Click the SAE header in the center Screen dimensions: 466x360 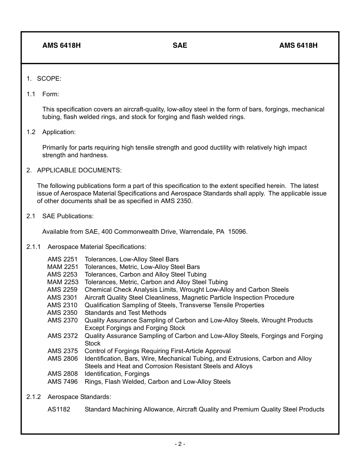point(180,45)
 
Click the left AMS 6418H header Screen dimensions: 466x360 point(61,45)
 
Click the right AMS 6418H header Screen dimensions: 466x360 point(298,45)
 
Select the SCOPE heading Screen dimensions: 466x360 point(49,78)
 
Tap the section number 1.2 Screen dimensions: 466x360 point(31,132)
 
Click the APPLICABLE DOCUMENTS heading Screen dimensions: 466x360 point(79,170)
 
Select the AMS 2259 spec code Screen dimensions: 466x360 point(62,290)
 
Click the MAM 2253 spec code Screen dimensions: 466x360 point(63,282)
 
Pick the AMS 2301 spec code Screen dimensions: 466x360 point(62,297)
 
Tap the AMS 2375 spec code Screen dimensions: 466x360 point(63,351)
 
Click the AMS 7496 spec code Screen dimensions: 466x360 point(63,382)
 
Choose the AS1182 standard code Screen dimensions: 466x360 point(59,409)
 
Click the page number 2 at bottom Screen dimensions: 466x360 point(180,444)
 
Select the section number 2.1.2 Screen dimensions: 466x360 point(33,397)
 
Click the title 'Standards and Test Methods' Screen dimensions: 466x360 point(125,313)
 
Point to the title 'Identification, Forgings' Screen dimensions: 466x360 point(117,374)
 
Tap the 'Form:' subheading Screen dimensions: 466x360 point(50,94)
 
